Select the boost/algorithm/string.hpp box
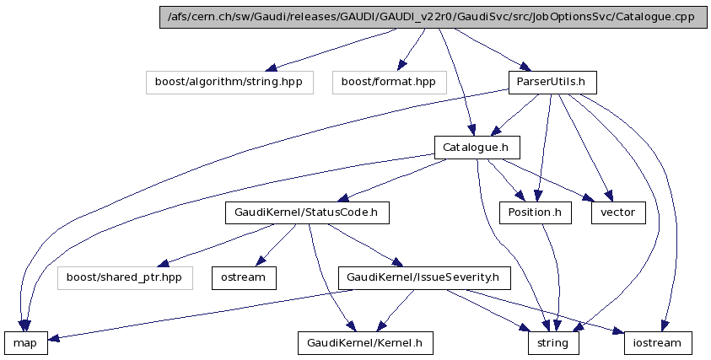[x=229, y=82]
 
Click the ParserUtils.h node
[x=552, y=82]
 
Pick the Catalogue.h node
[x=477, y=148]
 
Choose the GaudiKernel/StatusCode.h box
[x=307, y=212]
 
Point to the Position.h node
[x=535, y=212]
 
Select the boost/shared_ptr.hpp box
[x=125, y=277]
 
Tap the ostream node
[x=244, y=277]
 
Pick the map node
[x=25, y=342]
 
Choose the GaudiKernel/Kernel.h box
[x=365, y=342]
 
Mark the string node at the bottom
[x=554, y=342]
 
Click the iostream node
[x=658, y=342]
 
